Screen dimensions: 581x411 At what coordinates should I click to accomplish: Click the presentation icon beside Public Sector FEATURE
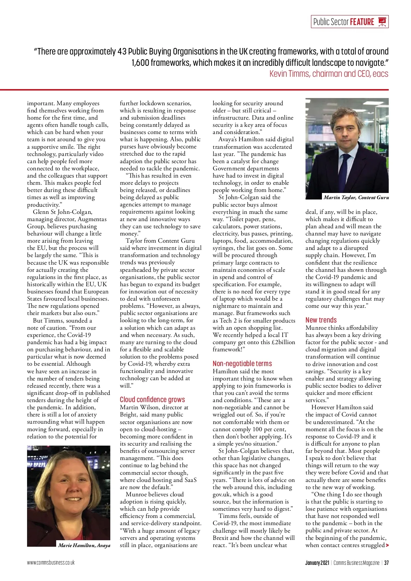[382, 22]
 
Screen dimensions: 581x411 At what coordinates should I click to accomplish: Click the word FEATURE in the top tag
[362, 22]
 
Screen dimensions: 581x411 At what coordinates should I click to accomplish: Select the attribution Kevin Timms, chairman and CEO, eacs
[329, 74]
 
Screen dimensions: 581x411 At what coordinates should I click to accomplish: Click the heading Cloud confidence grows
[152, 400]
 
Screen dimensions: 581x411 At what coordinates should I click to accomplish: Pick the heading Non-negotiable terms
[242, 364]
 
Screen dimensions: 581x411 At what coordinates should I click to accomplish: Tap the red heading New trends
[321, 320]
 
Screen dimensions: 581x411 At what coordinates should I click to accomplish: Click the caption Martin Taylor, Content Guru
[356, 197]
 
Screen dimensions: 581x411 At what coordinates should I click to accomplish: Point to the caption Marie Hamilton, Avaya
[84, 545]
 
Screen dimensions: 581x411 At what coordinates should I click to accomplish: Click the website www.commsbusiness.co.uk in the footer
[51, 562]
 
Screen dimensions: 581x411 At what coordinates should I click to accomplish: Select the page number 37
[386, 563]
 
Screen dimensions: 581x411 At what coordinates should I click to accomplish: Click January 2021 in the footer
[317, 563]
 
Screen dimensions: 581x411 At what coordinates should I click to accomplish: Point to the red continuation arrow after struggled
[387, 545]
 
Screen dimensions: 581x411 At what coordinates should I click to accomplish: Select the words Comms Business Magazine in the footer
[356, 563]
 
